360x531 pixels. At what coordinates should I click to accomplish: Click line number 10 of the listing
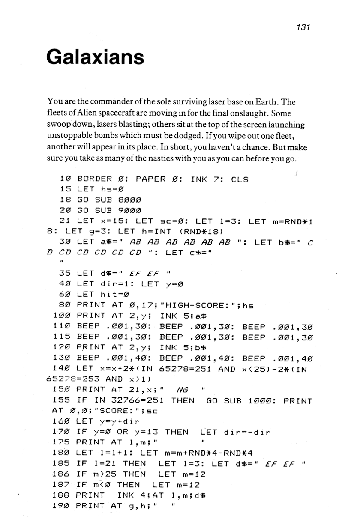point(66,179)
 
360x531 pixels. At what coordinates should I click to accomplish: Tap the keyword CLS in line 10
point(240,179)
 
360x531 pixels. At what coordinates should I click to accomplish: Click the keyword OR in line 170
point(127,432)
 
